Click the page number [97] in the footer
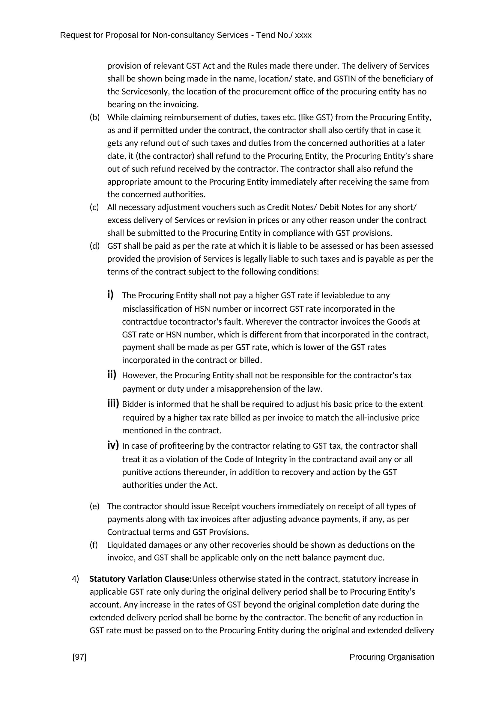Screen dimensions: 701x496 79,657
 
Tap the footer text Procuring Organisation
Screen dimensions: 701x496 392,657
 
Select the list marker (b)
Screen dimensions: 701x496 95,117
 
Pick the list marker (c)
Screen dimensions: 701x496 94,207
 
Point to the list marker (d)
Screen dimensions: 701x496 95,246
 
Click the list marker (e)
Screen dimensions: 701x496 95,506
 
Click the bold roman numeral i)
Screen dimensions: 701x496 110,295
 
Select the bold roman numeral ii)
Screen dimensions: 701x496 112,375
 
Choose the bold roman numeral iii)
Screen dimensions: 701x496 113,404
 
